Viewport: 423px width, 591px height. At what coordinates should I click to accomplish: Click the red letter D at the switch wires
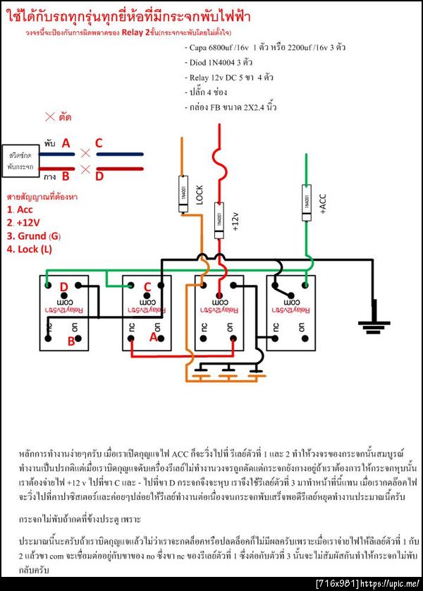pos(99,174)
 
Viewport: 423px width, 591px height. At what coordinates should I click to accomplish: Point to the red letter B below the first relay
pos(70,341)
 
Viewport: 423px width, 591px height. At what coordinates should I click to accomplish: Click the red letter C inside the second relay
pos(147,287)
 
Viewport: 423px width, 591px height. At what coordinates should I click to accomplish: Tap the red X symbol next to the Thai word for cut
pos(50,116)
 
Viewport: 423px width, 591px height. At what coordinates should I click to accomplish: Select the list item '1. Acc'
pos(20,209)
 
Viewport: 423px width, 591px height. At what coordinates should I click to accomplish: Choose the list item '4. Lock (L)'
pos(30,248)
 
